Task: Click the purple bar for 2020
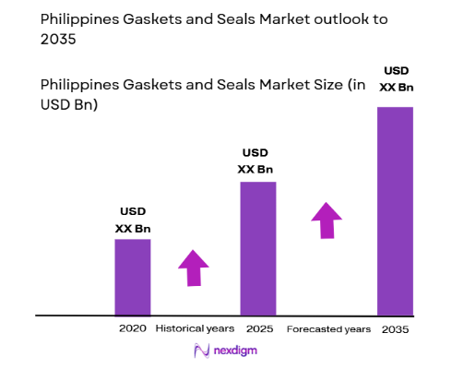click(x=132, y=277)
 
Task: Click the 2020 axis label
click(x=132, y=328)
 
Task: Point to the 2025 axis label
click(x=258, y=328)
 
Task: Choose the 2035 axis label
click(x=395, y=328)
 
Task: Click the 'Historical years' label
click(x=195, y=328)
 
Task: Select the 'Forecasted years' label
click(x=328, y=328)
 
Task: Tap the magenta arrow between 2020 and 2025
click(x=194, y=268)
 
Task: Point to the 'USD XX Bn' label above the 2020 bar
click(x=132, y=220)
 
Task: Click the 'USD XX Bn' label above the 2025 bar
click(x=257, y=161)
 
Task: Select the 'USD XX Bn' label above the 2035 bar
click(x=395, y=79)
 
